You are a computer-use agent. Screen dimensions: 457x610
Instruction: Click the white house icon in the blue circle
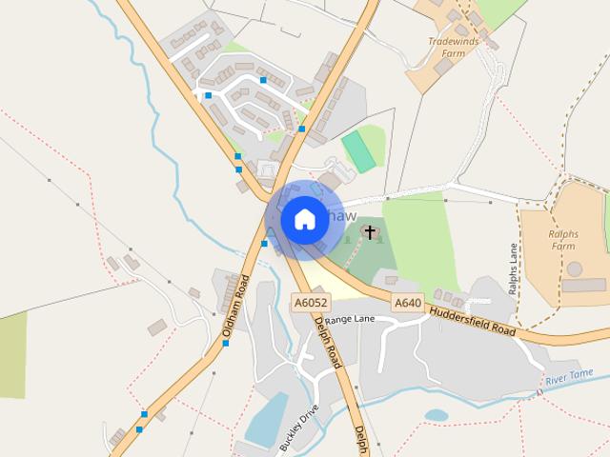pyautogui.click(x=304, y=219)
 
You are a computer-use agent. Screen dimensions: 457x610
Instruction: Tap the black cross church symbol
pyautogui.click(x=370, y=231)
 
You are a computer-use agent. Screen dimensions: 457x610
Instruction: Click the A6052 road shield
pyautogui.click(x=311, y=303)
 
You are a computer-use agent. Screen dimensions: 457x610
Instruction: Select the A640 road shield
pyautogui.click(x=407, y=303)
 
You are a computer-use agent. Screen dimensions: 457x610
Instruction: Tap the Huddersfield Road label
pyautogui.click(x=473, y=322)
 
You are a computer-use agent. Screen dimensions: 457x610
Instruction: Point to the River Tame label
pyautogui.click(x=570, y=379)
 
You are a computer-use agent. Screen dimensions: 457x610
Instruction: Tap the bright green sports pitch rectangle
pyautogui.click(x=359, y=151)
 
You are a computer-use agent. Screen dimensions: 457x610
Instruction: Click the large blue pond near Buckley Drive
pyautogui.click(x=267, y=419)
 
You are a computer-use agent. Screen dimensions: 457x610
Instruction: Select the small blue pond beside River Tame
pyautogui.click(x=437, y=415)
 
